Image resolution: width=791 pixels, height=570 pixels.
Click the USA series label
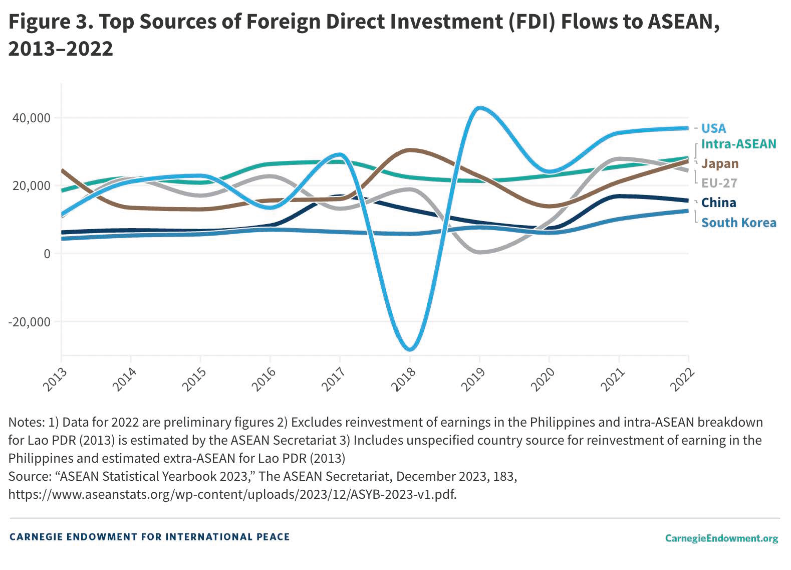pyautogui.click(x=713, y=128)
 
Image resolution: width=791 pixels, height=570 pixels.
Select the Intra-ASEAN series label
pyautogui.click(x=738, y=144)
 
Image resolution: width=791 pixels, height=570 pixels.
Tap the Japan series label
pyautogui.click(x=720, y=164)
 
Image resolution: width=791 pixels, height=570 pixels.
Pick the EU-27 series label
pyautogui.click(x=719, y=183)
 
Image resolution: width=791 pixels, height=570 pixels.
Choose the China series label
pyautogui.click(x=718, y=203)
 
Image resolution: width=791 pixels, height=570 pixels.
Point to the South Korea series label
pyautogui.click(x=738, y=223)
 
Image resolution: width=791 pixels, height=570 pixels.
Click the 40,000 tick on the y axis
pyautogui.click(x=32, y=118)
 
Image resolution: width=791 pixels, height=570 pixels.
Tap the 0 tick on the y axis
pyautogui.click(x=47, y=254)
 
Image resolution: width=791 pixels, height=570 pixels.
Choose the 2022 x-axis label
pyautogui.click(x=682, y=379)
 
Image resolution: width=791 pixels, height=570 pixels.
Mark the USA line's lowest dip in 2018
pyautogui.click(x=410, y=349)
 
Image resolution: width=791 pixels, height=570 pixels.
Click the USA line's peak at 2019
pyautogui.click(x=480, y=108)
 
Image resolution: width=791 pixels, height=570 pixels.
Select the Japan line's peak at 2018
pyautogui.click(x=410, y=150)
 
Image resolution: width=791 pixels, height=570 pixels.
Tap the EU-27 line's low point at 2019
pyautogui.click(x=480, y=252)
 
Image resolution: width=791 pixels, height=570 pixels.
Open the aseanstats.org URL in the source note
pyautogui.click(x=232, y=494)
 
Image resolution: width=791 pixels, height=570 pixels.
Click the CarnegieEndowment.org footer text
pyautogui.click(x=721, y=538)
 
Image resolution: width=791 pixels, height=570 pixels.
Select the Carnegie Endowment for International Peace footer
pyautogui.click(x=149, y=537)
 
